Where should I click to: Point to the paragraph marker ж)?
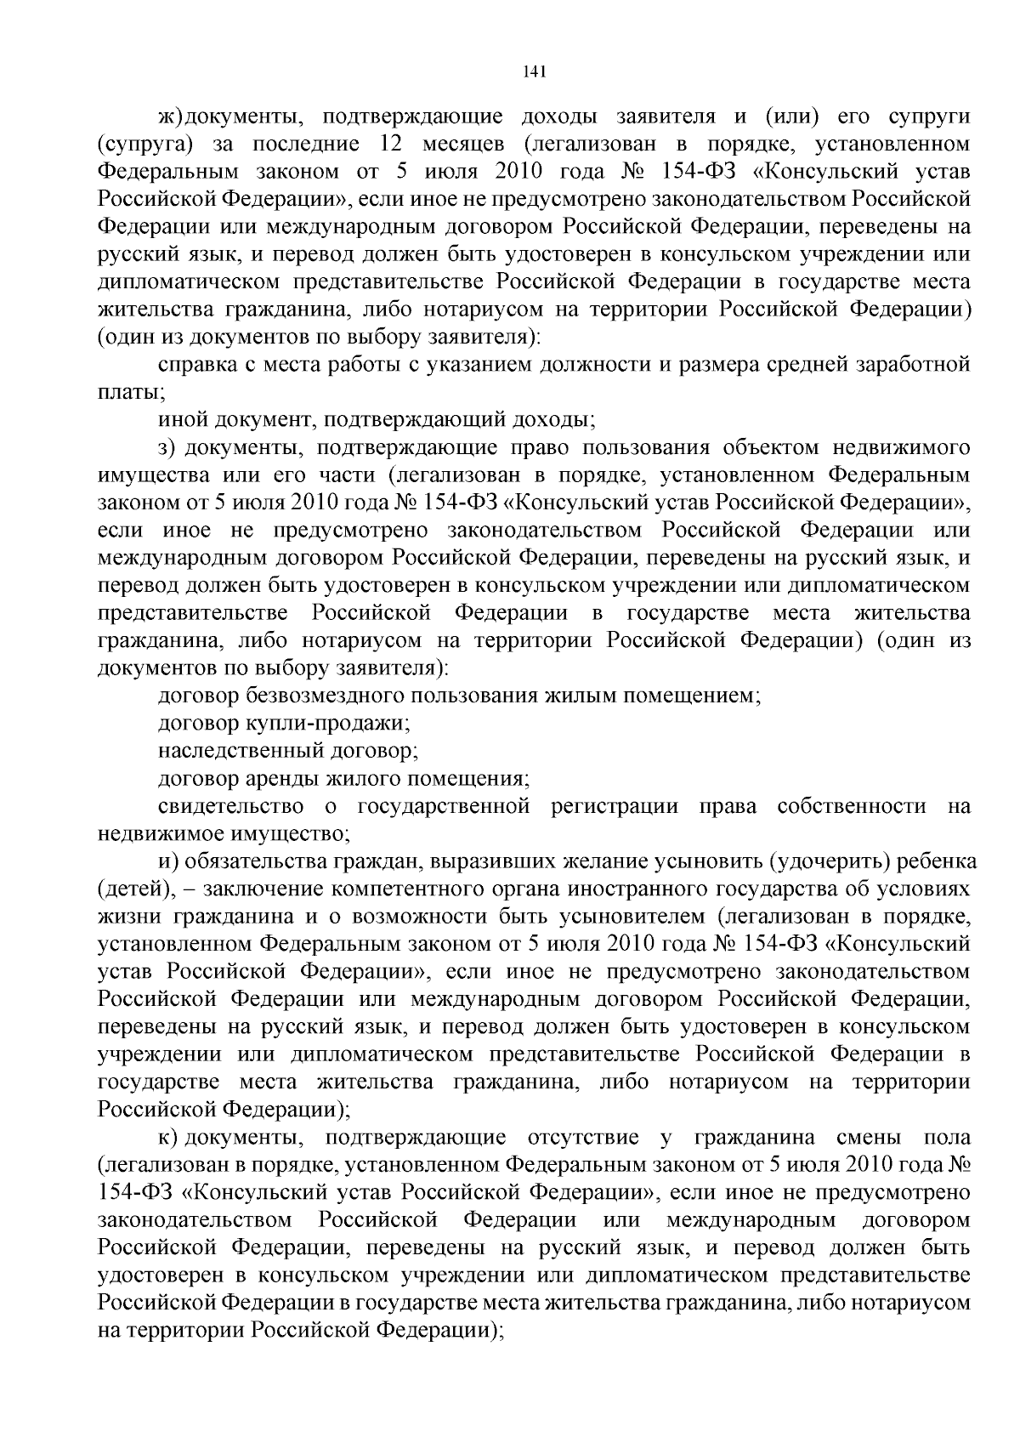170,116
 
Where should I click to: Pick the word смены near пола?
867,1138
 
